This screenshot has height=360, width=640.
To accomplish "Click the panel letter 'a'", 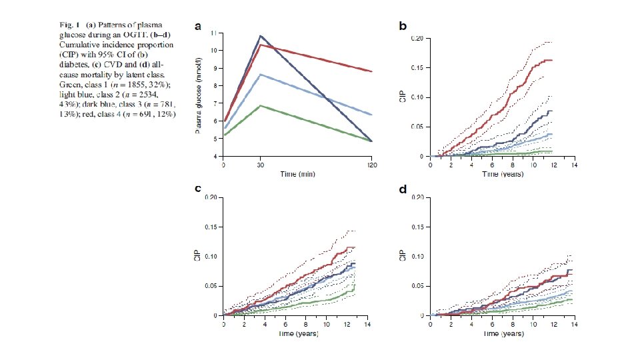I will [x=197, y=27].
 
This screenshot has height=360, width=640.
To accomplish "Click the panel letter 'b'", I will [x=403, y=27].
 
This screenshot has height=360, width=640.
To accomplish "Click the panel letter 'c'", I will [x=197, y=189].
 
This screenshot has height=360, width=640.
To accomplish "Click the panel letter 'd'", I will [x=403, y=189].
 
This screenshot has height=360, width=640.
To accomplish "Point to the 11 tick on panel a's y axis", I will [x=213, y=32].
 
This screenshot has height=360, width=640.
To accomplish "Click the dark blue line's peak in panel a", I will [x=261, y=35].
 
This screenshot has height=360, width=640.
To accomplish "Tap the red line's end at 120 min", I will [x=371, y=71].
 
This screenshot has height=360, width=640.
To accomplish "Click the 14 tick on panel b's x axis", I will [x=572, y=164].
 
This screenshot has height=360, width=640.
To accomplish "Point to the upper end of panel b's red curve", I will [x=551, y=60].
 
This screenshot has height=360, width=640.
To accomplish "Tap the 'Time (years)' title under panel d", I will [x=503, y=332].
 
